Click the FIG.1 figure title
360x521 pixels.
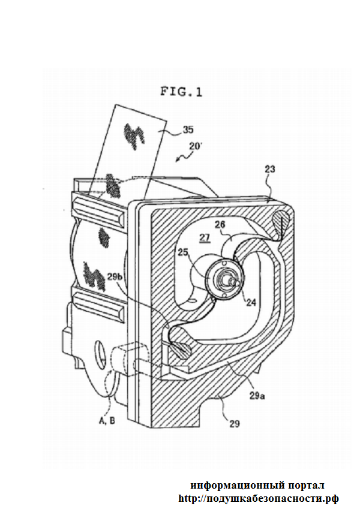pyautogui.click(x=181, y=92)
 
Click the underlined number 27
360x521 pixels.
pyautogui.click(x=206, y=237)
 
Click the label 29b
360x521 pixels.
pyautogui.click(x=117, y=276)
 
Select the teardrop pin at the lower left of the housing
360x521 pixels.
pyautogui.click(x=180, y=347)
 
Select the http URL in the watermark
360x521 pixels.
pyautogui.click(x=258, y=498)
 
